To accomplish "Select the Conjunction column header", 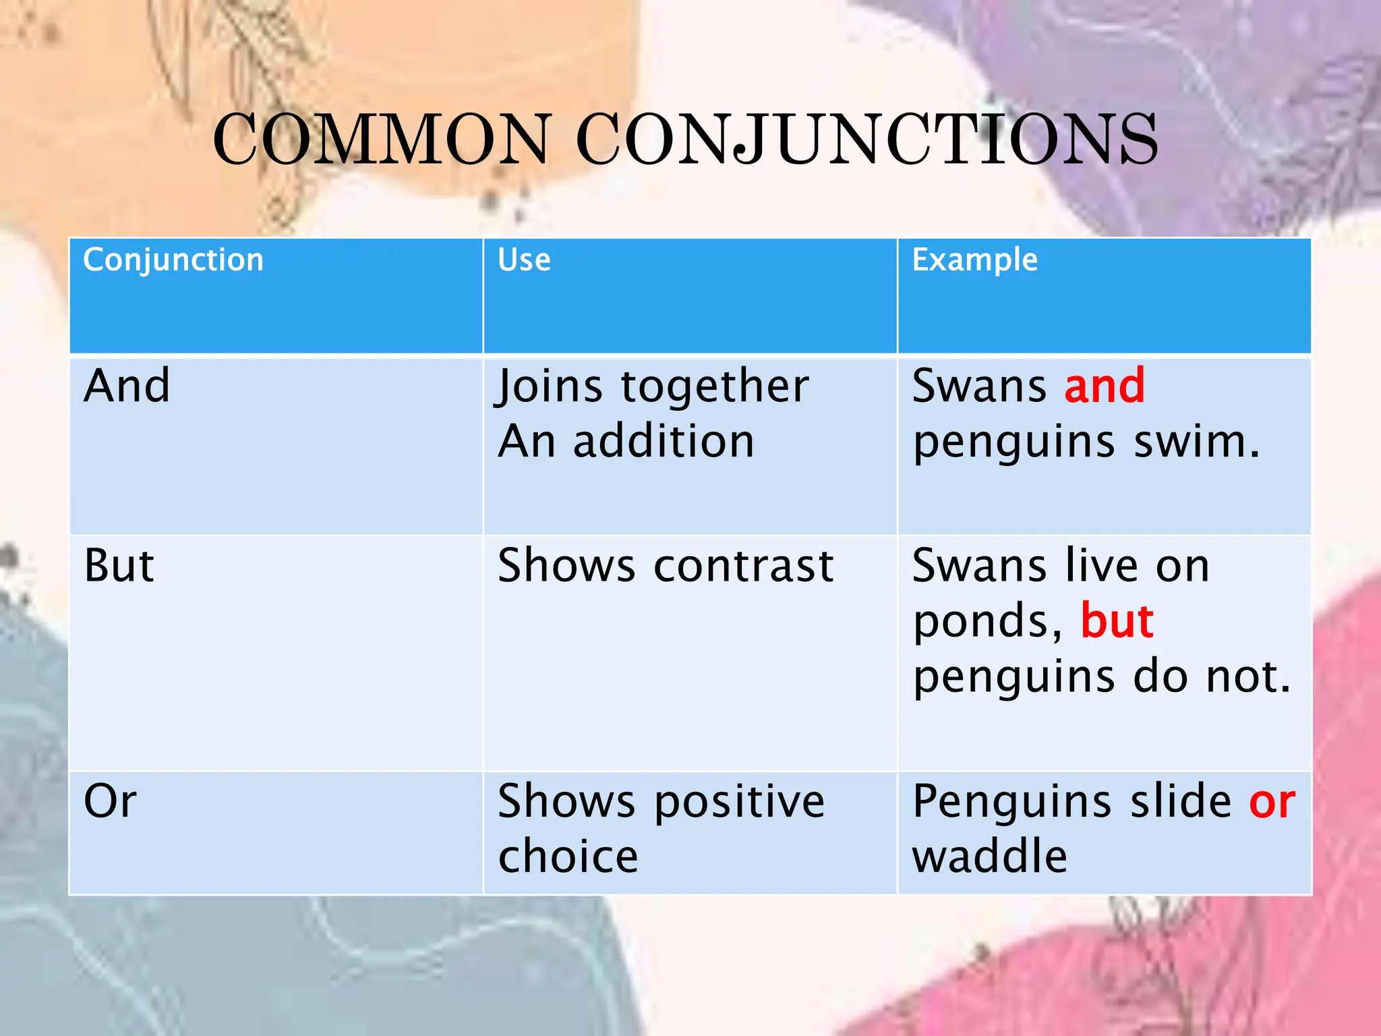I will [173, 260].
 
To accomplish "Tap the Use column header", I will [524, 260].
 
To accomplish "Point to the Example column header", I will [974, 260].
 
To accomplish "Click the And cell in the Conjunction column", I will [127, 386].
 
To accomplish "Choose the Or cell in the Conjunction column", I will [110, 801].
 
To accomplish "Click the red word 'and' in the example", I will [1105, 386].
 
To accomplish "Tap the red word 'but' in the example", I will [1117, 621].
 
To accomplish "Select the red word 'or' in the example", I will [1272, 803].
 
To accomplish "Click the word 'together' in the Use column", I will [715, 387].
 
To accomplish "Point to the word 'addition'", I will [664, 442].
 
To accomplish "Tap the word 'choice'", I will [568, 857].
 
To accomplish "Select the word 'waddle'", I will [989, 857].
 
